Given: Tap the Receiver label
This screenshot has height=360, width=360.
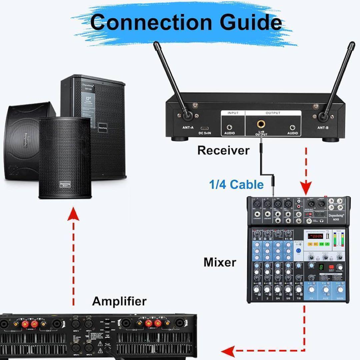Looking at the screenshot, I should pyautogui.click(x=223, y=150).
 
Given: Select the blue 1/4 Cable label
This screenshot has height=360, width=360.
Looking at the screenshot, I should pyautogui.click(x=236, y=184).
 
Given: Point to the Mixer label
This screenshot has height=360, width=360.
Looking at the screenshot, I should pyautogui.click(x=220, y=262).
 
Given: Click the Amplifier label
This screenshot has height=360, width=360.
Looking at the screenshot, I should pyautogui.click(x=119, y=301).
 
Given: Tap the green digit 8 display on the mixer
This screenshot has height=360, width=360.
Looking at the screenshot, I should pyautogui.click(x=320, y=267).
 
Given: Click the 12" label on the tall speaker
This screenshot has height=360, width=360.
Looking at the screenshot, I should pyautogui.click(x=88, y=99).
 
